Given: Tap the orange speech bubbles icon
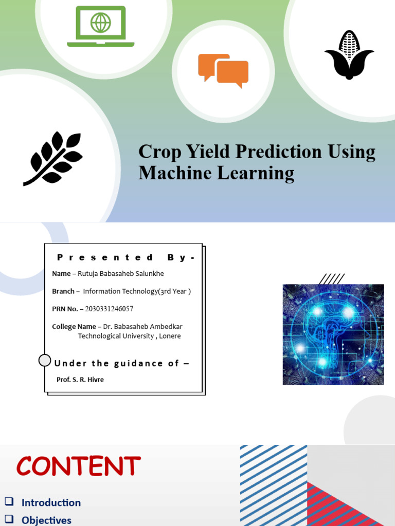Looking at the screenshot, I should pyautogui.click(x=223, y=70).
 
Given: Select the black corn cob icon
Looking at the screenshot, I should pyautogui.click(x=349, y=55).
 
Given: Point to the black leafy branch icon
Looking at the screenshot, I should pyautogui.click(x=53, y=158).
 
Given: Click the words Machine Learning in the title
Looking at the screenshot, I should pyautogui.click(x=216, y=173).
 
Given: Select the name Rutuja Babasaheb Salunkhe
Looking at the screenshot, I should pyautogui.click(x=120, y=274).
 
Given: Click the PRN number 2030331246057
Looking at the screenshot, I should pyautogui.click(x=105, y=309).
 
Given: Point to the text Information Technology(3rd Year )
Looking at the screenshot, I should pyautogui.click(x=137, y=291).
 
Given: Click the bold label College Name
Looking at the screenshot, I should pyautogui.click(x=74, y=327).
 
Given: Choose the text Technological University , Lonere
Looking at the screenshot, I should pyautogui.click(x=129, y=336).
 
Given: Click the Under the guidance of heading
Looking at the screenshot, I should pyautogui.click(x=121, y=363).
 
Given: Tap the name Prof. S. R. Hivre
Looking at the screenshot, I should pyautogui.click(x=80, y=380).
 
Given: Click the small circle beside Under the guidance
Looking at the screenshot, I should pyautogui.click(x=45, y=361).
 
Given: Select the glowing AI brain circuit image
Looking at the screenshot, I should pyautogui.click(x=333, y=334).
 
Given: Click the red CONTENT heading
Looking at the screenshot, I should pyautogui.click(x=78, y=466).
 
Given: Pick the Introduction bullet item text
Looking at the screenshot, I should pyautogui.click(x=51, y=503).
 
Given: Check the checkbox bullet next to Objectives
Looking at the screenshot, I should pyautogui.click(x=9, y=519).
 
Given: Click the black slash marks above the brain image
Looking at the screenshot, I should pyautogui.click(x=331, y=279).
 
